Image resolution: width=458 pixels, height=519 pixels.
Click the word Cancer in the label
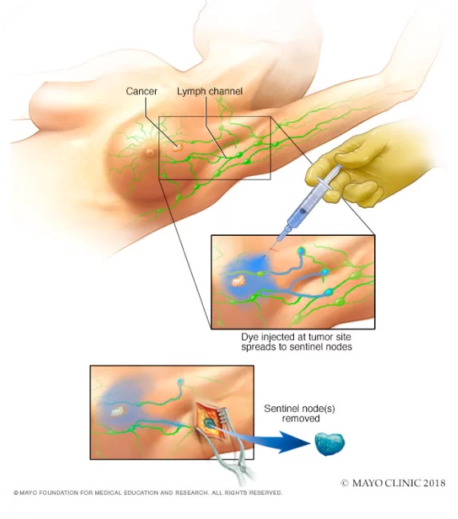point(141,91)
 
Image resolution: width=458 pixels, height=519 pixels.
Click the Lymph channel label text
point(209,91)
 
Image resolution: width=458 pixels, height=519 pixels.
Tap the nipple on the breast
point(150,152)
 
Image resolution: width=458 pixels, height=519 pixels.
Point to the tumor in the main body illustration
point(177,147)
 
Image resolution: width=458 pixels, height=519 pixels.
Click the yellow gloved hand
point(360,169)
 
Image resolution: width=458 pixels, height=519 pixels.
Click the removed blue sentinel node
point(329,444)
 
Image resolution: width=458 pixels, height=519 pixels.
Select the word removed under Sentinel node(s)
point(301,418)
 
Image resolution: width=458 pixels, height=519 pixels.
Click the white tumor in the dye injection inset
point(238,281)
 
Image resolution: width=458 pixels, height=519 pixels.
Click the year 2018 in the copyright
point(433,483)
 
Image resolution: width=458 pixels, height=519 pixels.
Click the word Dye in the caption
point(249,337)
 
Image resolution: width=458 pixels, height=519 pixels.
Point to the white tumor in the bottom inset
point(118,411)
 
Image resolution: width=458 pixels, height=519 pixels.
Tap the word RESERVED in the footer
point(265,493)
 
